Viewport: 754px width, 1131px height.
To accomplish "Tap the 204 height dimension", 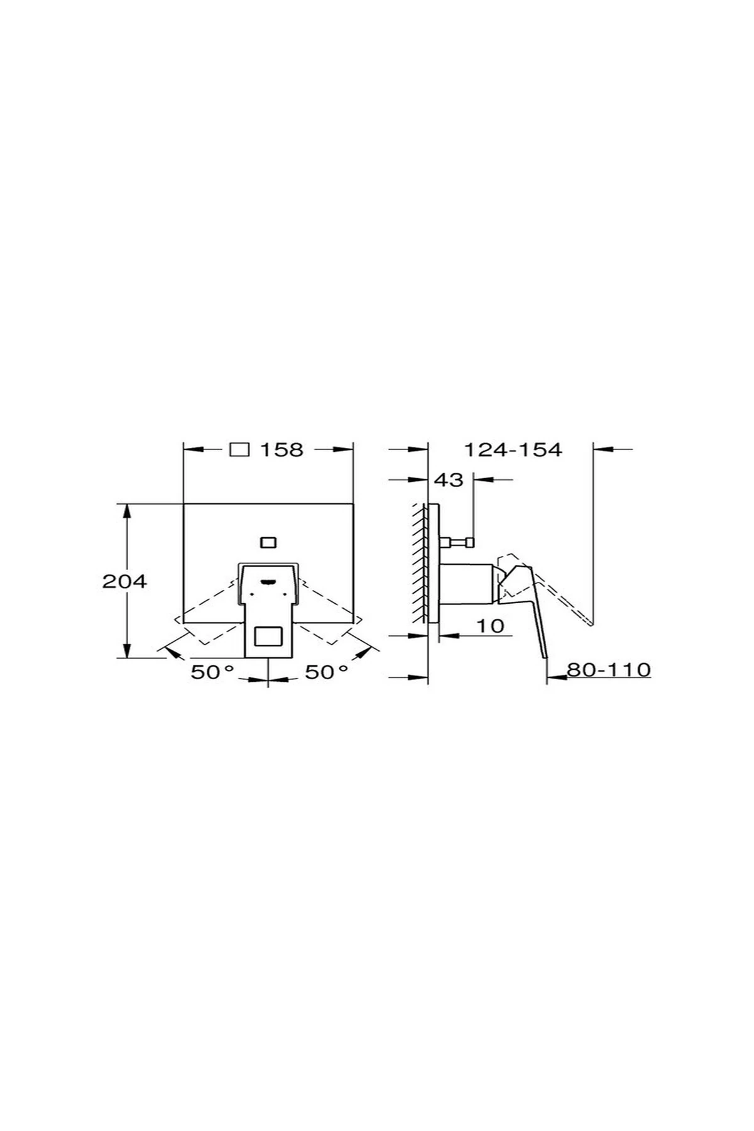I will pyautogui.click(x=124, y=581).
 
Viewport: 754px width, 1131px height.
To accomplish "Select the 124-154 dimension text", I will pyautogui.click(x=513, y=450).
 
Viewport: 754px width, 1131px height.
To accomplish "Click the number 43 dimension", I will pyautogui.click(x=449, y=480).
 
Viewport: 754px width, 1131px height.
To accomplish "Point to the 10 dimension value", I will pyautogui.click(x=490, y=626).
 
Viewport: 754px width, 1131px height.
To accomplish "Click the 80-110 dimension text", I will pyautogui.click(x=608, y=670).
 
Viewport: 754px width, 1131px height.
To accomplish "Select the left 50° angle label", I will pyautogui.click(x=212, y=672).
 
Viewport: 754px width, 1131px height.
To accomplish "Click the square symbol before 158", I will pyautogui.click(x=240, y=450).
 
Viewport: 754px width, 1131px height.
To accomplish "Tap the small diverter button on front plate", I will pyautogui.click(x=268, y=542).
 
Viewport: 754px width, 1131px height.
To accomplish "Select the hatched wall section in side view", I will pyautogui.click(x=418, y=562).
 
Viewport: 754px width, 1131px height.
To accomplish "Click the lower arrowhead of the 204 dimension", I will pyautogui.click(x=128, y=652).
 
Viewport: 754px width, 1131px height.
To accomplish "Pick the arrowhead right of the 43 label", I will pyautogui.click(x=481, y=480).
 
